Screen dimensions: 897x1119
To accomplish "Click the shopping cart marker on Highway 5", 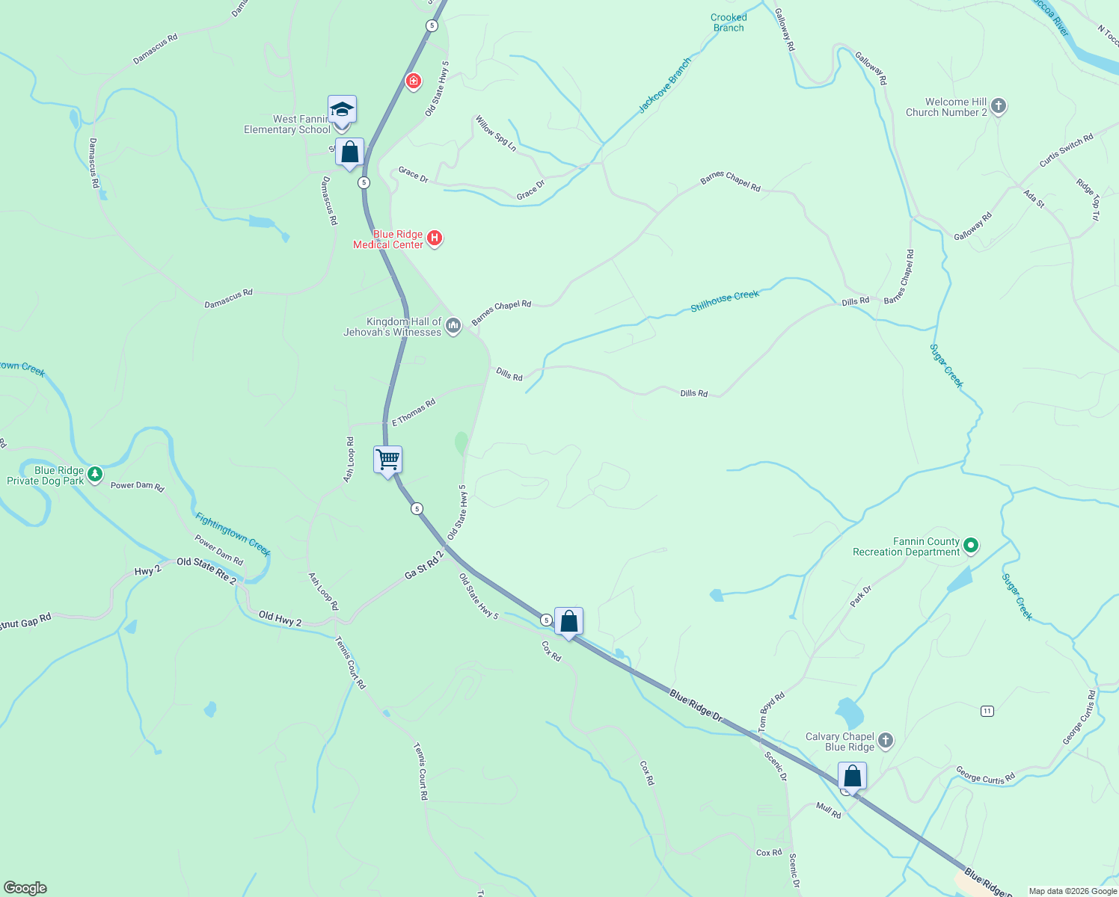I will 388,460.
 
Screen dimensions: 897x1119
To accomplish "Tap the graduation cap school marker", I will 342,110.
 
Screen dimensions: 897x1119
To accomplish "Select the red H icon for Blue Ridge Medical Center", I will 435,238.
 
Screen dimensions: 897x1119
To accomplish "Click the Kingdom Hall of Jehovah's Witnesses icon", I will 453,326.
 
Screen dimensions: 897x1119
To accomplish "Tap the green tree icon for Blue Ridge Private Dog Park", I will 94,474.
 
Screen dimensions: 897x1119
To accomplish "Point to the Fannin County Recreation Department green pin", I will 971,546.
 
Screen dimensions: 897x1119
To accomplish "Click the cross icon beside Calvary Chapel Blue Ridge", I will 885,741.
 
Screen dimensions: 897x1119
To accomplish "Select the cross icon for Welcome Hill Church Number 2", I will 999,106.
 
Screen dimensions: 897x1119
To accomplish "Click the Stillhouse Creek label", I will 724,300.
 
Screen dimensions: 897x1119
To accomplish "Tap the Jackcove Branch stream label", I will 664,86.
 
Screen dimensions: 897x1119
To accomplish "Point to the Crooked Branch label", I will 729,22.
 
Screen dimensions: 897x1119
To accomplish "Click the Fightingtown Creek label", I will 233,534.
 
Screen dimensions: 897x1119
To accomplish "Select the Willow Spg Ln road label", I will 496,133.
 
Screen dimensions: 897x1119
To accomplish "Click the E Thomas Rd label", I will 414,413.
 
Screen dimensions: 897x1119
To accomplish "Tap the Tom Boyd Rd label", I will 771,712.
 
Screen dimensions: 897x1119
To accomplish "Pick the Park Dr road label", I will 861,596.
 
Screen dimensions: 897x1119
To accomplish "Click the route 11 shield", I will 987,711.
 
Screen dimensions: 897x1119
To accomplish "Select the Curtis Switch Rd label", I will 1066,150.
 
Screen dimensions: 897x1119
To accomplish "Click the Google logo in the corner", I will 25,888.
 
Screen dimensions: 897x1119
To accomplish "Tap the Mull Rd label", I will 829,810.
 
